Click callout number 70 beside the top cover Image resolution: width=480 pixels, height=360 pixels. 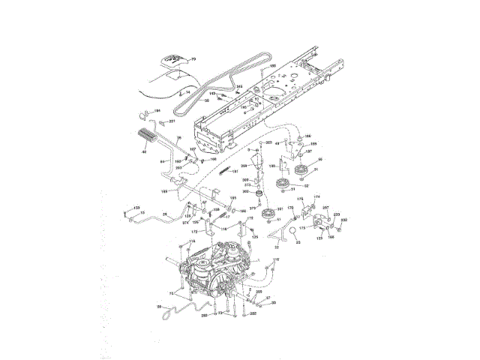click(192, 58)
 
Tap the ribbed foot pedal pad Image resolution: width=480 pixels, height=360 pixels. click(145, 140)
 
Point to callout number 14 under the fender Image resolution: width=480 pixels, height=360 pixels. click(178, 92)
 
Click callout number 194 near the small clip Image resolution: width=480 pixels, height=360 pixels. click(157, 111)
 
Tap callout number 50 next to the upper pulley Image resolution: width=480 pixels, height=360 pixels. click(320, 159)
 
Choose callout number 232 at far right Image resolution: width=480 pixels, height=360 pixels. click(344, 220)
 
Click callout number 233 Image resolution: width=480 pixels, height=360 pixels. click(337, 215)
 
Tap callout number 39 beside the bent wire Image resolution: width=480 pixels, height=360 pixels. click(158, 306)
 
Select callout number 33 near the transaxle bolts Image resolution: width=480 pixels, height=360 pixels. click(273, 303)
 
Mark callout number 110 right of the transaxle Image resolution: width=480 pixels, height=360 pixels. click(274, 259)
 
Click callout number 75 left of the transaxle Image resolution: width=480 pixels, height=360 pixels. click(172, 291)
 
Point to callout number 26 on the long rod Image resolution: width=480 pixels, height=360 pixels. click(164, 214)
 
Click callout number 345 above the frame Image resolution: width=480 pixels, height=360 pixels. click(240, 88)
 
